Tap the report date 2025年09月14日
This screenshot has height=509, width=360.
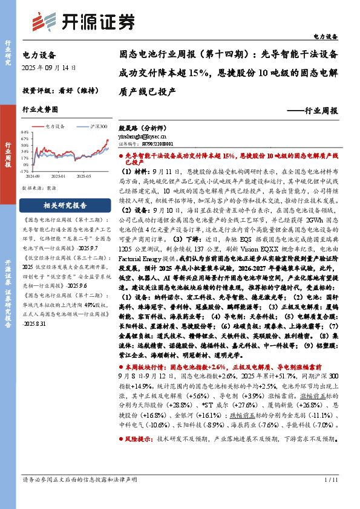click(x=49, y=67)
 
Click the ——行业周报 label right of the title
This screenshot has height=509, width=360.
click(x=312, y=111)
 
